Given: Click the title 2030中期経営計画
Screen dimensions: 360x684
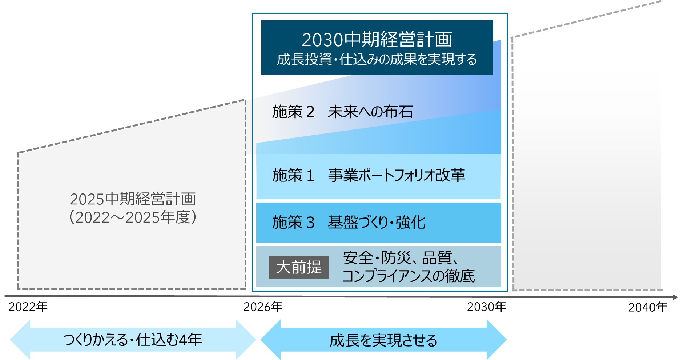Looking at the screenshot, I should point(377,40).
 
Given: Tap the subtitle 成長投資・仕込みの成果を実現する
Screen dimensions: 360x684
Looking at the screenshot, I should point(377,59).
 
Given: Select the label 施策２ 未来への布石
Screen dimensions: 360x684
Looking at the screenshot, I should point(342,112).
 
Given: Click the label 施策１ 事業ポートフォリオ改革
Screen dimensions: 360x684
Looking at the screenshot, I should point(368,175).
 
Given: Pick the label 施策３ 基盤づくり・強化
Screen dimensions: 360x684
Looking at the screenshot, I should point(349,222).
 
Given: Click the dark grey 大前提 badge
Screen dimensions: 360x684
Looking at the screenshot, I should point(298,267).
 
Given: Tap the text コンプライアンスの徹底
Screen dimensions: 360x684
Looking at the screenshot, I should point(409,276).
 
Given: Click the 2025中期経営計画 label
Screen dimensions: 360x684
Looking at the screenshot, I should point(133,199).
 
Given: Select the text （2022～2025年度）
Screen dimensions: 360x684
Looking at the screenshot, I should point(133,217).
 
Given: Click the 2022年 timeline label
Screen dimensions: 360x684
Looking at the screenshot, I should point(28,307).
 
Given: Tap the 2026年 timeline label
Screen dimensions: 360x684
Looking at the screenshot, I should point(263,307).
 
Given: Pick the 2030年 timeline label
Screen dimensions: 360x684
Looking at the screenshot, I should point(486,307).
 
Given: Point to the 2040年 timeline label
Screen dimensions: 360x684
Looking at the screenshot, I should point(648,308).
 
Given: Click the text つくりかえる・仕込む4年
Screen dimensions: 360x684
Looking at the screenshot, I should point(133,340).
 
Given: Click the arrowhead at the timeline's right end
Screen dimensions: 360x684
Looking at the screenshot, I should point(675,297).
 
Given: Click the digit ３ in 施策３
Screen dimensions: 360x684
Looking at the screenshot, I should point(310,223).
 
